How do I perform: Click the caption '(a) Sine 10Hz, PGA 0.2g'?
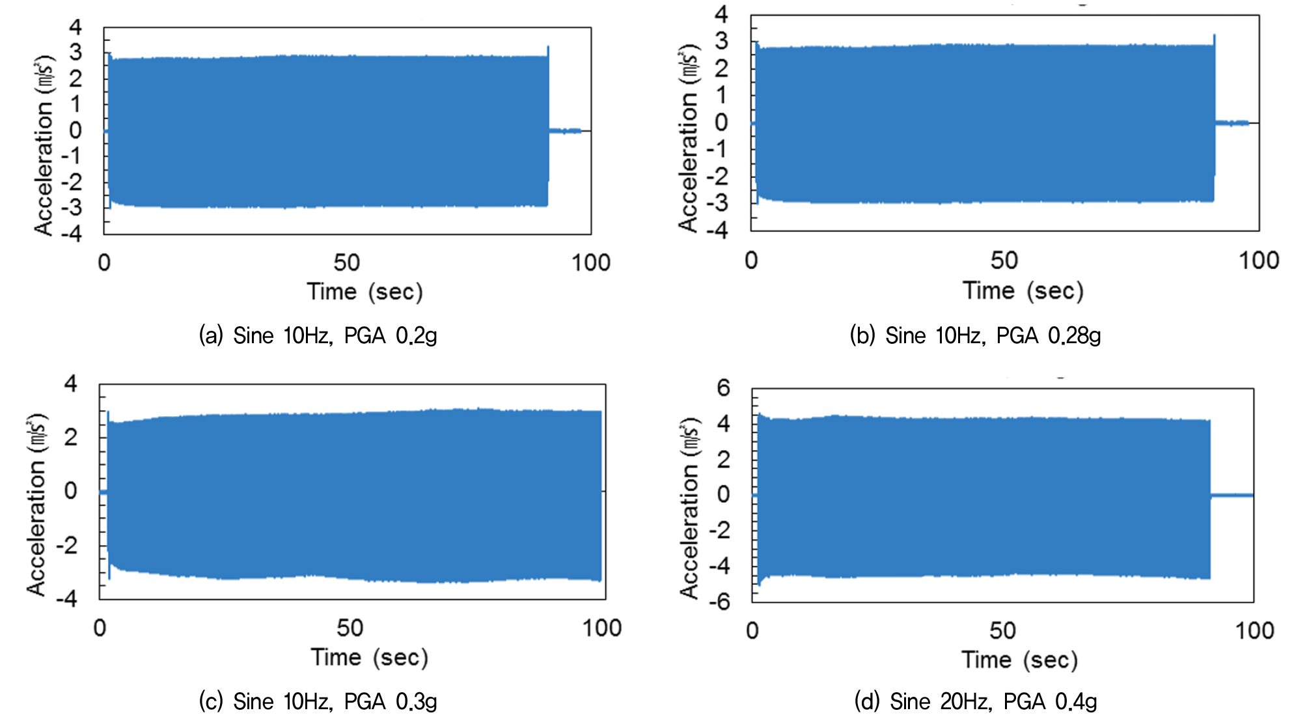click(318, 336)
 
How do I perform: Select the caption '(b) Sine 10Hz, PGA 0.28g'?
click(975, 336)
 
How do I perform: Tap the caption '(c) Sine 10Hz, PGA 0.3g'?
click(318, 701)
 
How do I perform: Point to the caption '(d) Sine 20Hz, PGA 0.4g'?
click(975, 701)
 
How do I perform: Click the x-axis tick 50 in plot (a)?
click(346, 263)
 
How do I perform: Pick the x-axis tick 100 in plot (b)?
click(1258, 261)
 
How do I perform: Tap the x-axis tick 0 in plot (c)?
click(100, 628)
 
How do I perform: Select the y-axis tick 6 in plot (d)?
click(723, 388)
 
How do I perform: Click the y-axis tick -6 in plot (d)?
click(719, 601)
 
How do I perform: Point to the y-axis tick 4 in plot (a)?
click(76, 27)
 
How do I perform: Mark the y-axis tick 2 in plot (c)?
click(70, 437)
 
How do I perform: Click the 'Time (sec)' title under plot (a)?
click(365, 292)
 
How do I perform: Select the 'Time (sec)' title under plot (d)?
click(1019, 660)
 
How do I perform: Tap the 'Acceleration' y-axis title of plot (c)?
click(36, 505)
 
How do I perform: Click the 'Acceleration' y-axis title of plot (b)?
click(687, 139)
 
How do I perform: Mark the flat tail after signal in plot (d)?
click(1231, 496)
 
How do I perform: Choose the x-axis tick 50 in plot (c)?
click(350, 628)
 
